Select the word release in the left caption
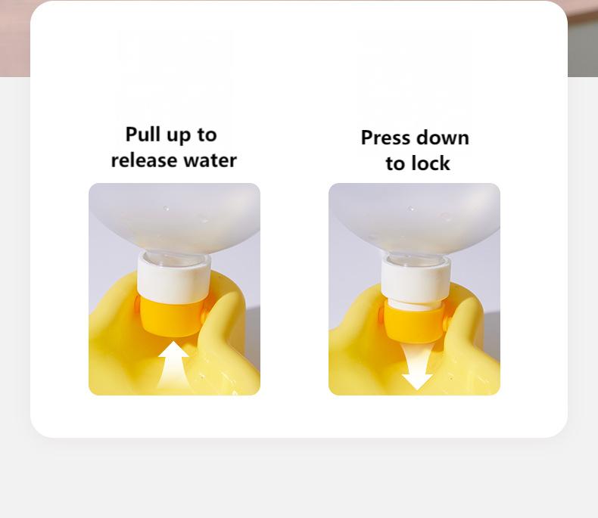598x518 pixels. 144,160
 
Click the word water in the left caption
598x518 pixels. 210,161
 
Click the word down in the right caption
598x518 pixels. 441,138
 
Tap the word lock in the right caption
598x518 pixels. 430,163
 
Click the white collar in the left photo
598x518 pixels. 173,278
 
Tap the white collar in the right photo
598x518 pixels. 416,279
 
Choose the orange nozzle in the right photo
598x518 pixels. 414,323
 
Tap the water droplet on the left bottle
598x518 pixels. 166,209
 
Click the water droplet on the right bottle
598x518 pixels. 411,209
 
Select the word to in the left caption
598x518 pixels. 207,135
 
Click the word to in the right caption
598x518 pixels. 395,164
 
